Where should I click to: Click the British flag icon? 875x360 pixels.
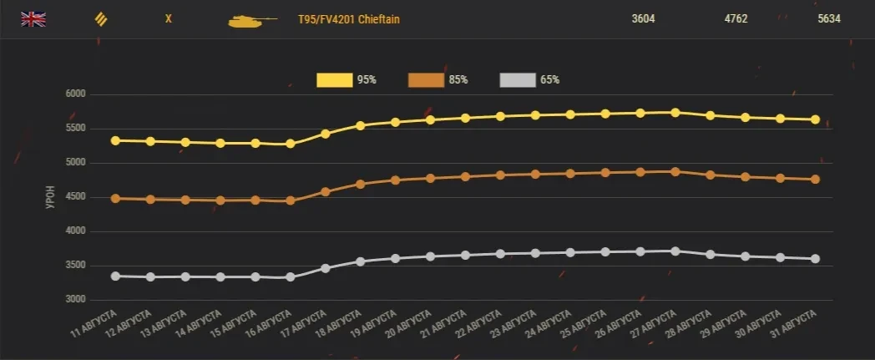33,18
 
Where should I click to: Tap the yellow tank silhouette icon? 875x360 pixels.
251,19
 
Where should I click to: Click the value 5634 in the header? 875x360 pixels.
829,18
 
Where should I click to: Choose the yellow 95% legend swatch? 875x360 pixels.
334,80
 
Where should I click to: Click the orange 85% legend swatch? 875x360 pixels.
426,80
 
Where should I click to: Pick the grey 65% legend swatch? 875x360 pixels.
517,80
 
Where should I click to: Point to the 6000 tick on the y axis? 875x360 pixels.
75,94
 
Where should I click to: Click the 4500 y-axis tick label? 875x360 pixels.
75,197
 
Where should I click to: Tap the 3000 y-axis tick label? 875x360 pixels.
75,300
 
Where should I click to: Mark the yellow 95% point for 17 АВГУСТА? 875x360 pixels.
325,134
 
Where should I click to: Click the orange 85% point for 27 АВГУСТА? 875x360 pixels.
675,171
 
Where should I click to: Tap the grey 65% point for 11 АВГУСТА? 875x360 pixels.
114,276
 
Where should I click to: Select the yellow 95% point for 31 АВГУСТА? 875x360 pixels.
815,119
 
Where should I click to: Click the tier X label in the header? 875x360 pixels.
168,18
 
